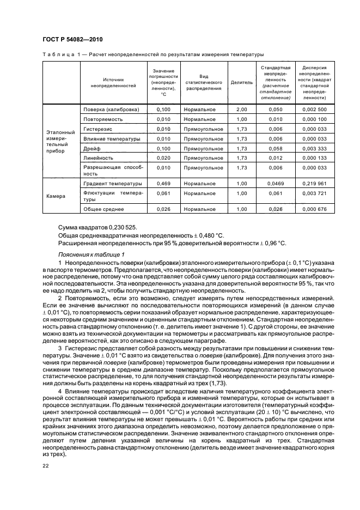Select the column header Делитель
tap(241, 83)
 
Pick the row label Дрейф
tap(91, 148)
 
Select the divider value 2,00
tap(241, 110)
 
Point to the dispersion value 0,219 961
tap(314, 184)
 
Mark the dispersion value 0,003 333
tap(314, 148)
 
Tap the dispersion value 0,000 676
tap(314, 209)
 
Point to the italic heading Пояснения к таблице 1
tap(91, 254)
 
